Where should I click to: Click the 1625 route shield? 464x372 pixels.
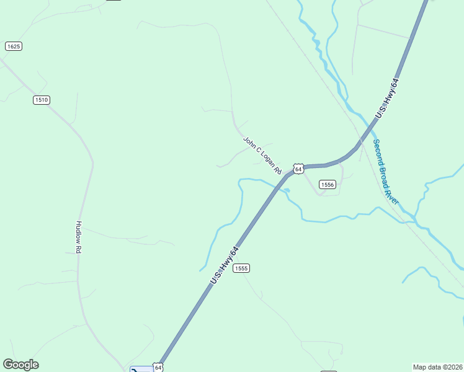(13, 46)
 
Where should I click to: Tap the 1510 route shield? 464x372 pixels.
(42, 100)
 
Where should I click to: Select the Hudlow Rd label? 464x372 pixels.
(79, 236)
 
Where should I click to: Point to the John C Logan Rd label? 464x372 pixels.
(262, 155)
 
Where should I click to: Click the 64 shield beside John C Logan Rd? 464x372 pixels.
(298, 169)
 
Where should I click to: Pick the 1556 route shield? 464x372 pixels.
(328, 185)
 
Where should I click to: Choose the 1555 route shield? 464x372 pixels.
(241, 268)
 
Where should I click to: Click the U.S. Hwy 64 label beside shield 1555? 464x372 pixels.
(224, 266)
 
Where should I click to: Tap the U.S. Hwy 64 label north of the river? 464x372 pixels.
(386, 98)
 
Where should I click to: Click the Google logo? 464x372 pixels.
(20, 365)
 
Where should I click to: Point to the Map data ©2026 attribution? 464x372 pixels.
(437, 367)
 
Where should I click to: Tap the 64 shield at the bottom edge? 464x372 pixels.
(158, 368)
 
